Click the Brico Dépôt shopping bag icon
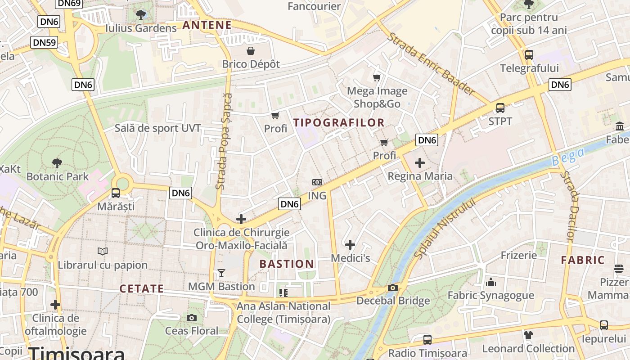pyautogui.click(x=250, y=50)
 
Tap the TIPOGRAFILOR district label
pyautogui.click(x=339, y=122)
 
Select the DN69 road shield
pyautogui.click(x=69, y=4)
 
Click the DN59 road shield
pyautogui.click(x=44, y=43)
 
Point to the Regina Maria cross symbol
pyautogui.click(x=420, y=162)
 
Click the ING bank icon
pyautogui.click(x=317, y=182)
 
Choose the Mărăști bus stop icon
pyautogui.click(x=116, y=193)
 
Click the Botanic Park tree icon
pyautogui.click(x=57, y=163)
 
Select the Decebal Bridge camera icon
pyautogui.click(x=393, y=288)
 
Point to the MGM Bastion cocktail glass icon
pyautogui.click(x=221, y=273)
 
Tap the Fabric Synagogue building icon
pyautogui.click(x=490, y=283)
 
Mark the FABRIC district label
pyautogui.click(x=583, y=260)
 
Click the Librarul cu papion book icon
pyautogui.click(x=103, y=251)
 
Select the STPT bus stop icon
pyautogui.click(x=500, y=108)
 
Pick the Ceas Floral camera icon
pyautogui.click(x=191, y=318)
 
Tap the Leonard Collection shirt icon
pyautogui.click(x=528, y=335)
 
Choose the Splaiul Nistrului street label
pyautogui.click(x=445, y=229)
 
